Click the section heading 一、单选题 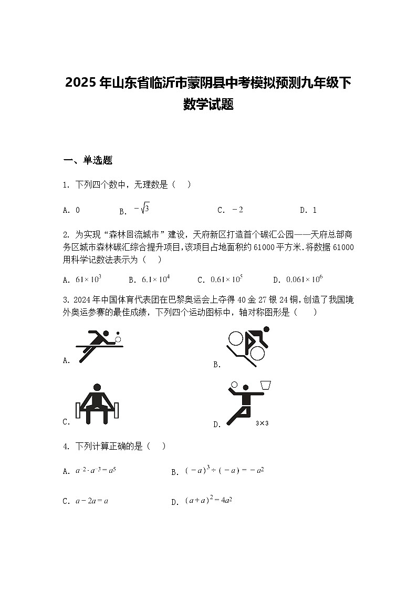88,161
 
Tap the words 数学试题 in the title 208,105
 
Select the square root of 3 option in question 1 142,209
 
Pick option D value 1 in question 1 315,210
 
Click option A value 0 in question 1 78,210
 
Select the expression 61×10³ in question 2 89,280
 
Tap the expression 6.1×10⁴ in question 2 156,280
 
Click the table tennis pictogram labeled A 99,346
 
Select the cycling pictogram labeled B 248,347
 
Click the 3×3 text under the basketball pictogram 262,423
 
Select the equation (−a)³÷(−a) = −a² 224,471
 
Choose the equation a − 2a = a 92,501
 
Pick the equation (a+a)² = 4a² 209,501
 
